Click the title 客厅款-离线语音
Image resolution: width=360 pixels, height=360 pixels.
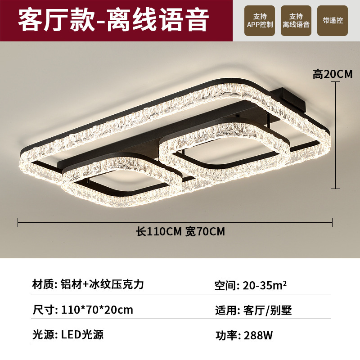[x=113, y=20]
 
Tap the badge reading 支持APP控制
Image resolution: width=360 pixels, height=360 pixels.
[x=260, y=21]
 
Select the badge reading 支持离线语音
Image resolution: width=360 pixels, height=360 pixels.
[x=296, y=21]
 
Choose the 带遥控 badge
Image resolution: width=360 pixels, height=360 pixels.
[x=333, y=21]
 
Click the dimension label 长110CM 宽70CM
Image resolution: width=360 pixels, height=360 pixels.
[x=180, y=232]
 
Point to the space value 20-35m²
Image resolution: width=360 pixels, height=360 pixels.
[x=265, y=285]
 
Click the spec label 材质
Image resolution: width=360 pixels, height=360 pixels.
[x=43, y=284]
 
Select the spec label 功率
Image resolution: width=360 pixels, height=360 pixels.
[x=227, y=335]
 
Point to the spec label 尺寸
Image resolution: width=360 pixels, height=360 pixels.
[x=43, y=310]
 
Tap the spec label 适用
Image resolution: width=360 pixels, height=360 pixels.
[x=227, y=310]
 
